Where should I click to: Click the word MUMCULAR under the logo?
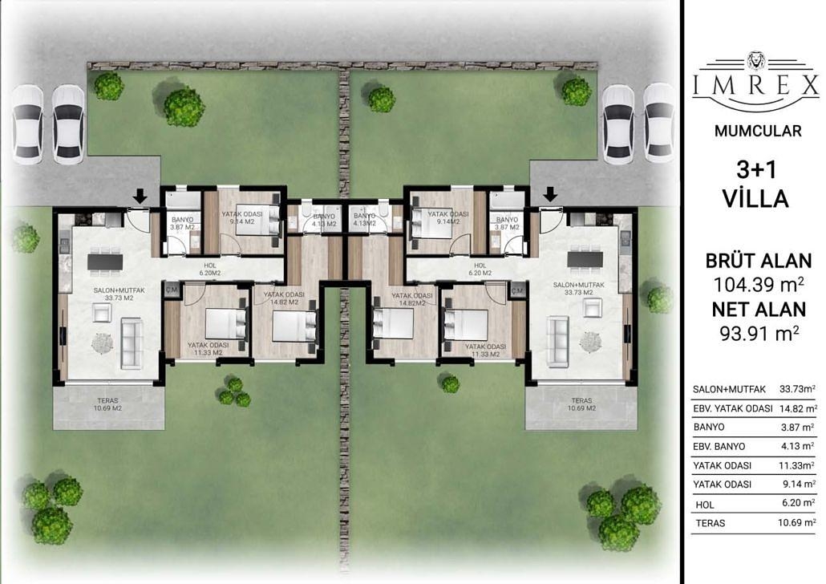[755, 131]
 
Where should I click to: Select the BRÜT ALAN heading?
[758, 261]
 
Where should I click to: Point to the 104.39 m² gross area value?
[758, 283]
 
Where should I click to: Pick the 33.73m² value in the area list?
[796, 389]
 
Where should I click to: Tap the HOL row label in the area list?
[705, 505]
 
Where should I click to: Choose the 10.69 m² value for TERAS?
[796, 523]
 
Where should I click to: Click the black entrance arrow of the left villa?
[140, 195]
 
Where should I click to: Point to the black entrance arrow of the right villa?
[550, 195]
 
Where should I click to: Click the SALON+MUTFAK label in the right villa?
[583, 285]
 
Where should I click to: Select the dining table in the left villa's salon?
[105, 261]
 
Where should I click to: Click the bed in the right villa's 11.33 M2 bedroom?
[468, 322]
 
